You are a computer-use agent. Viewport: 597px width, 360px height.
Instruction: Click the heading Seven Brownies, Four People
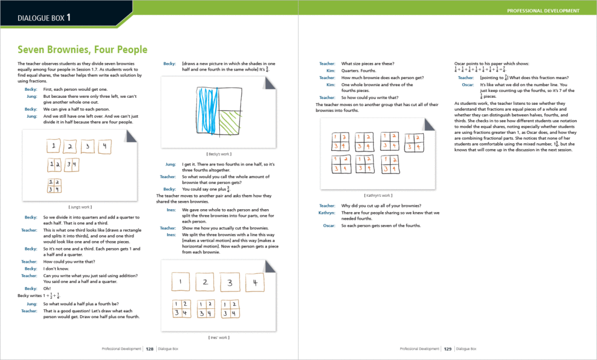(x=82, y=50)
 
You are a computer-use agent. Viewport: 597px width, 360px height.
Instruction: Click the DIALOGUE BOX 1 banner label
(x=44, y=17)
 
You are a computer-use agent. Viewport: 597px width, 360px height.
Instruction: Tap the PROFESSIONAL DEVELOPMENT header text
(x=543, y=10)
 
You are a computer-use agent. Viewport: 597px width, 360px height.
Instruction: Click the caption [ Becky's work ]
(x=219, y=154)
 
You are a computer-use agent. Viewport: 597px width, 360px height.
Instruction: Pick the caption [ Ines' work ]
(x=219, y=337)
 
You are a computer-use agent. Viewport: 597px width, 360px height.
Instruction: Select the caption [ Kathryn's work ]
(x=378, y=196)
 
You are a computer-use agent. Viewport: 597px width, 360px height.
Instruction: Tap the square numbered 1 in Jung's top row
(x=52, y=147)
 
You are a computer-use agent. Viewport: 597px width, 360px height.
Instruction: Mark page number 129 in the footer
(x=448, y=349)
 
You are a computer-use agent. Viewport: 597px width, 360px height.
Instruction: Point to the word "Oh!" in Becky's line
(x=47, y=288)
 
